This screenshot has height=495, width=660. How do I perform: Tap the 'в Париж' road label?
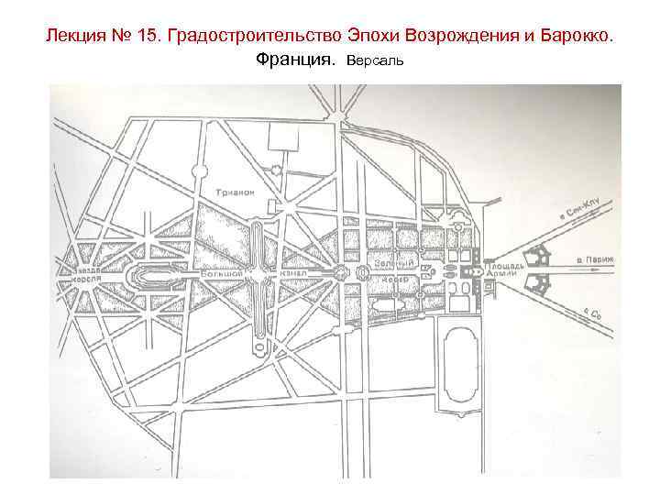[595, 259]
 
